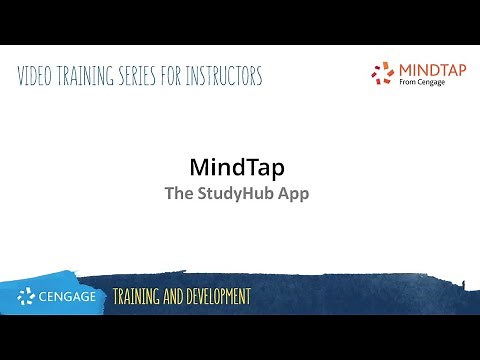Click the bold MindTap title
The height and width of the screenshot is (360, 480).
(x=238, y=165)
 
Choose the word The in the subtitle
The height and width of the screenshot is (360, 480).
(x=178, y=193)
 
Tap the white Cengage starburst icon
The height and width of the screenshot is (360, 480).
(x=27, y=296)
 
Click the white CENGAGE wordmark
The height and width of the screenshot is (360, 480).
(x=68, y=296)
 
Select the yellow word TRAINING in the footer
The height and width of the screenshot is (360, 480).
(x=140, y=297)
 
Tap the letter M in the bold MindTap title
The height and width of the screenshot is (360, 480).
(x=200, y=165)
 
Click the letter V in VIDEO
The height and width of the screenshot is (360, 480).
(x=22, y=76)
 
